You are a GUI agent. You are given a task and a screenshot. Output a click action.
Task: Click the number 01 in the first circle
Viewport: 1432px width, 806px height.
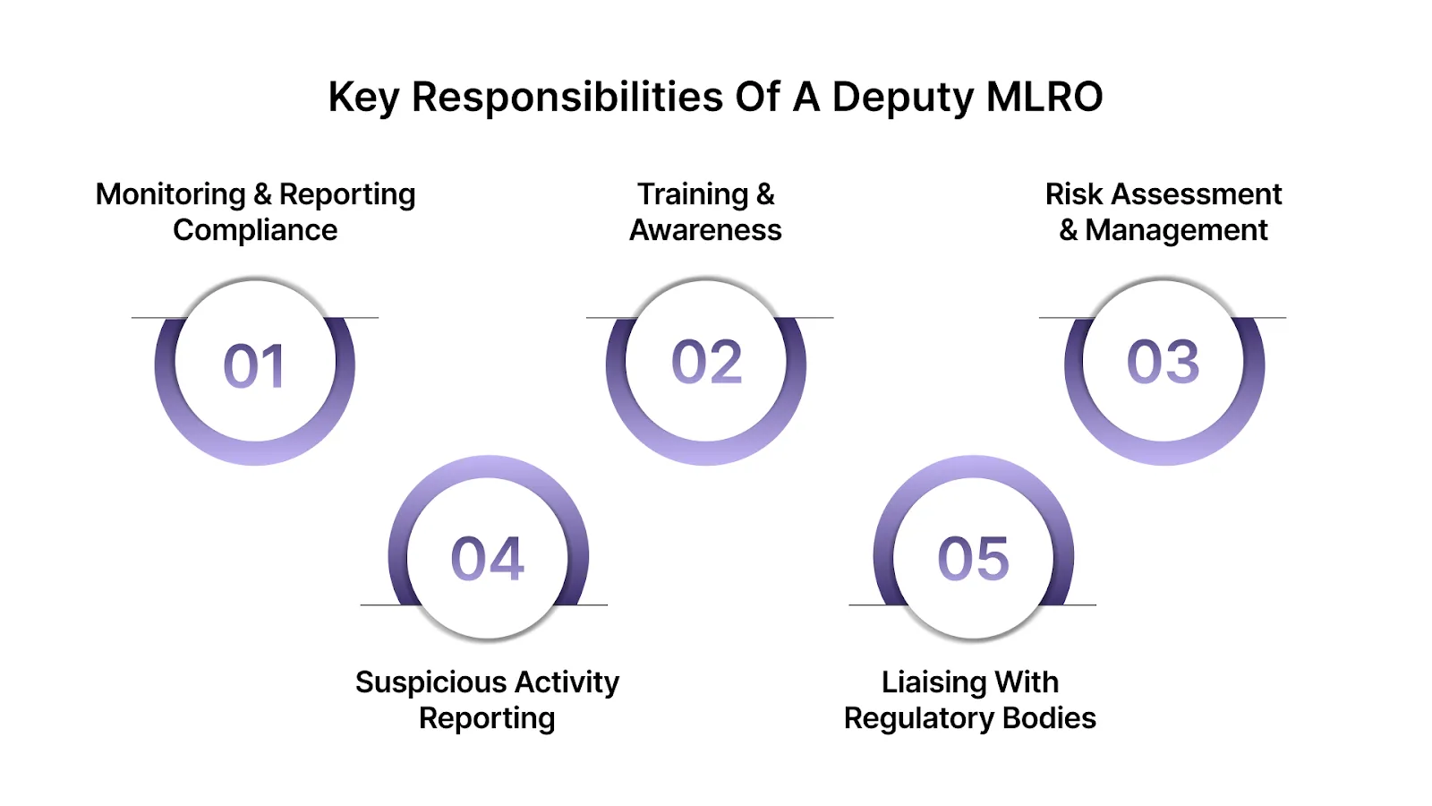point(254,366)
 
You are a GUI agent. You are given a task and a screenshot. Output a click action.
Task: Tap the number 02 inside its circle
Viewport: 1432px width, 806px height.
point(707,363)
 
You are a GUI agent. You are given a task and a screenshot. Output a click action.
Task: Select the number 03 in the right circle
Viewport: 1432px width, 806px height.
point(1163,363)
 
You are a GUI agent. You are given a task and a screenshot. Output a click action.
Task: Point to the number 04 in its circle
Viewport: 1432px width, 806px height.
point(488,559)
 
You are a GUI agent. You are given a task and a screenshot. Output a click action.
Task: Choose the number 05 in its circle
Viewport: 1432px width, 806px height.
point(973,559)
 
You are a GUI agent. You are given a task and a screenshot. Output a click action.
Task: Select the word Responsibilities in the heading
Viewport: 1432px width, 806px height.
point(567,97)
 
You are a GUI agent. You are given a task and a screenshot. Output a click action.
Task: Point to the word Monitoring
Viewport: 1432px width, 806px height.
point(170,194)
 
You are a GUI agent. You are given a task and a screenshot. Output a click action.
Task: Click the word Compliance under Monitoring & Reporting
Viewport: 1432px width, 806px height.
point(255,231)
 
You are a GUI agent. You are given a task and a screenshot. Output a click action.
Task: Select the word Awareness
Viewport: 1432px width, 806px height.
point(705,230)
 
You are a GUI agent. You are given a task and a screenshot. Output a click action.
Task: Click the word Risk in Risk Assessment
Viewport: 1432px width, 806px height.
point(1073,194)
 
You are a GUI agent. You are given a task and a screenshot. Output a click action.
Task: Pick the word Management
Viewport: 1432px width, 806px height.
point(1176,231)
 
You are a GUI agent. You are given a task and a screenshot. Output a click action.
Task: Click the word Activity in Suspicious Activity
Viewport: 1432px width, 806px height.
point(567,682)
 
